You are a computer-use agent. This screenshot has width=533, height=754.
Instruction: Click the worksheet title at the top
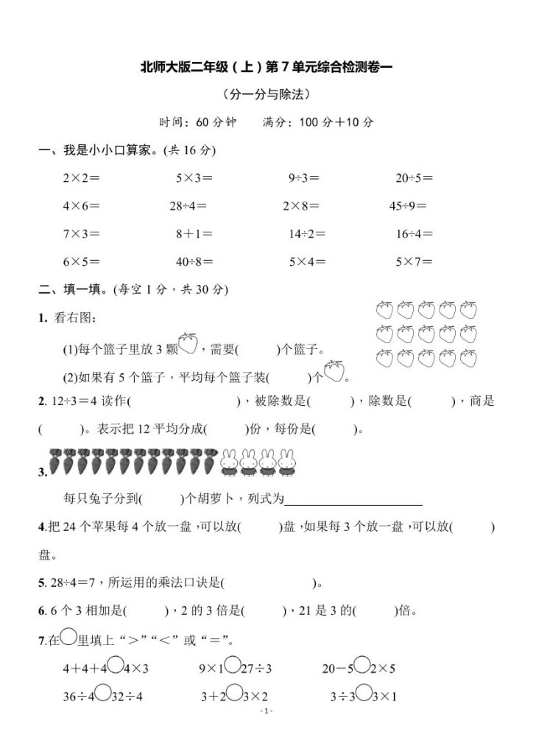click(267, 68)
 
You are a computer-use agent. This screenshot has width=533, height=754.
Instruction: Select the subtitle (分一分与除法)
click(266, 94)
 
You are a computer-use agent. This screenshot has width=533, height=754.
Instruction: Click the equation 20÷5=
click(414, 177)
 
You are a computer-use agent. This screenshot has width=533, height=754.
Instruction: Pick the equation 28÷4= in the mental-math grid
click(188, 206)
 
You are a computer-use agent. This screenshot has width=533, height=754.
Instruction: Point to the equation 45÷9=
click(408, 206)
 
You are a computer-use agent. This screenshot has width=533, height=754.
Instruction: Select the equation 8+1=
click(194, 234)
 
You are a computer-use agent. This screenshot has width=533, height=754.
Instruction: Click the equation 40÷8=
click(194, 261)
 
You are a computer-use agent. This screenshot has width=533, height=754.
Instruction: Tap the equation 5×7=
click(414, 261)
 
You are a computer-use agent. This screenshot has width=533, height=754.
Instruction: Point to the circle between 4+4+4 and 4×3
click(114, 667)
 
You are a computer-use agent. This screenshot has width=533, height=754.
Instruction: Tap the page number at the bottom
click(266, 711)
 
